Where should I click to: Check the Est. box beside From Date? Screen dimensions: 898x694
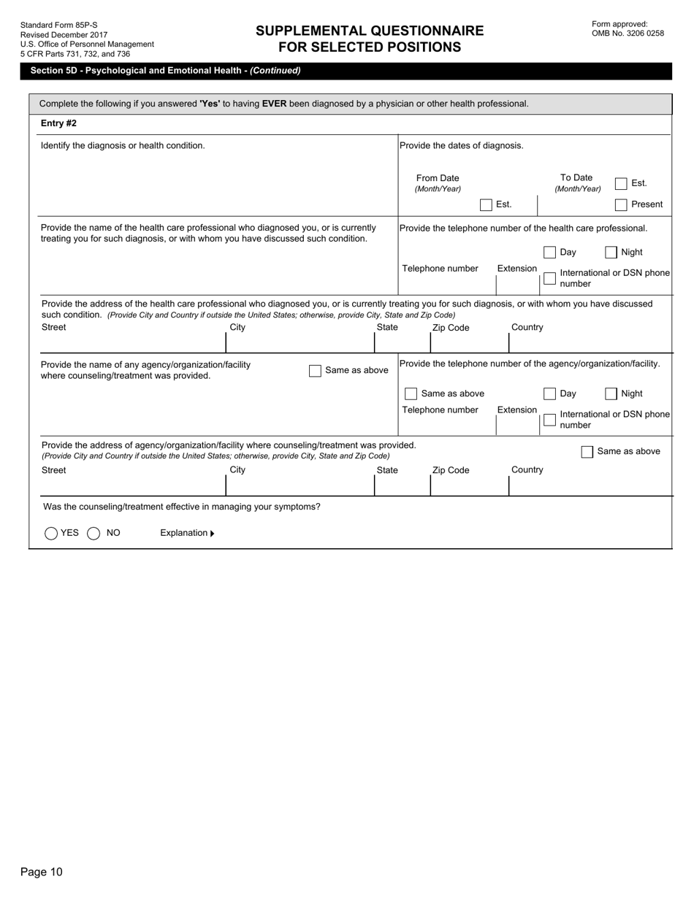coord(486,205)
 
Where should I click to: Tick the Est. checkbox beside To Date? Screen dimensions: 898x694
coord(621,183)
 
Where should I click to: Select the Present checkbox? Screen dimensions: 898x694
coord(621,205)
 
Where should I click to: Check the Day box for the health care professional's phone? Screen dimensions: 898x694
coord(550,253)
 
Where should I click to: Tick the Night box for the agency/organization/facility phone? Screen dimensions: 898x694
coord(611,394)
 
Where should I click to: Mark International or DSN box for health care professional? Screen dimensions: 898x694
coord(550,278)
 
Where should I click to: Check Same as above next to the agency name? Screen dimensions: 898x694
coord(315,371)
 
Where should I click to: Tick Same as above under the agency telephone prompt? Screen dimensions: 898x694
coord(411,394)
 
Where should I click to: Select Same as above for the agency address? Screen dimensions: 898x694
coord(587,452)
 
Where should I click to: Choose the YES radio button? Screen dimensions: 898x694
coord(51,534)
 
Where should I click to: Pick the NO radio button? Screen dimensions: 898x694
coord(94,534)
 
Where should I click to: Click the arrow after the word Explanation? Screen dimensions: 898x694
coord(213,534)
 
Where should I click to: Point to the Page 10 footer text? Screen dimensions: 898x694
coord(42,872)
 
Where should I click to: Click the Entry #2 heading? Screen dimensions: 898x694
coord(58,123)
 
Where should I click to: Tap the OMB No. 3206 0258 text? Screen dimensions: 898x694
coord(628,34)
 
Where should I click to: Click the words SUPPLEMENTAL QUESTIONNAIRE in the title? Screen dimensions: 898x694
coord(370,31)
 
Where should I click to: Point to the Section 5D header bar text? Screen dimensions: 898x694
coord(165,71)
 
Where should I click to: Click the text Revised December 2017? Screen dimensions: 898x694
coord(64,35)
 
